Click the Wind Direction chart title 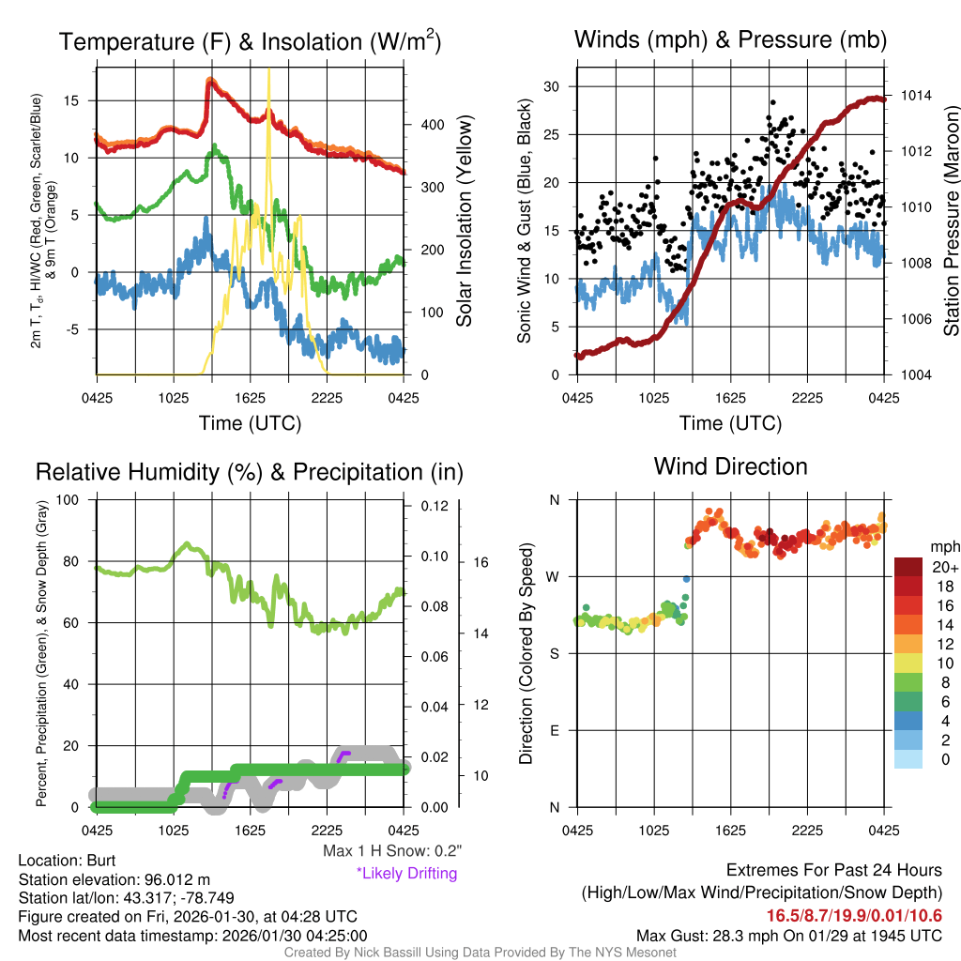coord(730,466)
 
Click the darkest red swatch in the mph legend coord(910,567)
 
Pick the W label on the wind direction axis coord(554,576)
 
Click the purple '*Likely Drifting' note coord(406,874)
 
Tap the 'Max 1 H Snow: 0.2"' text coord(392,851)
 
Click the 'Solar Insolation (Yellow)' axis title coord(465,221)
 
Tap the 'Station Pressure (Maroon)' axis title coord(951,221)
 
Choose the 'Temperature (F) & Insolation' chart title coord(250,42)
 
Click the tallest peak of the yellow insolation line coord(269,69)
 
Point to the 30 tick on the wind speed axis coord(552,86)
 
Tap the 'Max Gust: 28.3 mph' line coord(788,935)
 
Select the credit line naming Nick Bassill coord(480,953)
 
